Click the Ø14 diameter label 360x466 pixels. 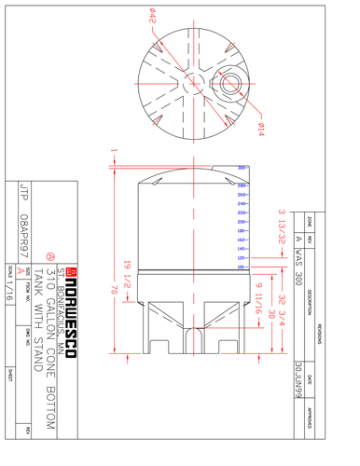[x=259, y=130]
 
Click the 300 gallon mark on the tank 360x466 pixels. [x=242, y=168]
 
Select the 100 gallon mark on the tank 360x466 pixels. [x=242, y=267]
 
